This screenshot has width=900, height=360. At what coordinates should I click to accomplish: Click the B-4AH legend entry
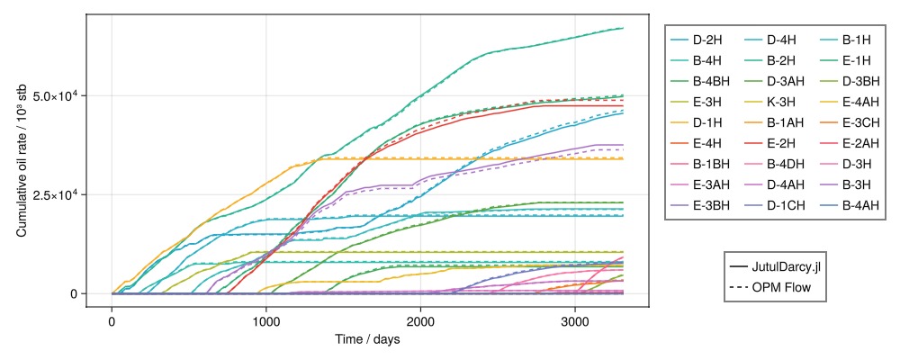tap(850, 205)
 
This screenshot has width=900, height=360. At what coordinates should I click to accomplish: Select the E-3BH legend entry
tap(699, 205)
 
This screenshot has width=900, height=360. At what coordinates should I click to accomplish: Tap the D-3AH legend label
tap(775, 82)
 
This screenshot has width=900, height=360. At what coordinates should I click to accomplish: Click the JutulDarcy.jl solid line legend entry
tap(774, 267)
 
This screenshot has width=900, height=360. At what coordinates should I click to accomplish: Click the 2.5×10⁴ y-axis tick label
tap(55, 194)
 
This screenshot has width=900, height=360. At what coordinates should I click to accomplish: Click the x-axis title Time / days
tap(367, 339)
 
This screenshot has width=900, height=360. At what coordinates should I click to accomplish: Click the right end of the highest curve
tap(624, 28)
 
